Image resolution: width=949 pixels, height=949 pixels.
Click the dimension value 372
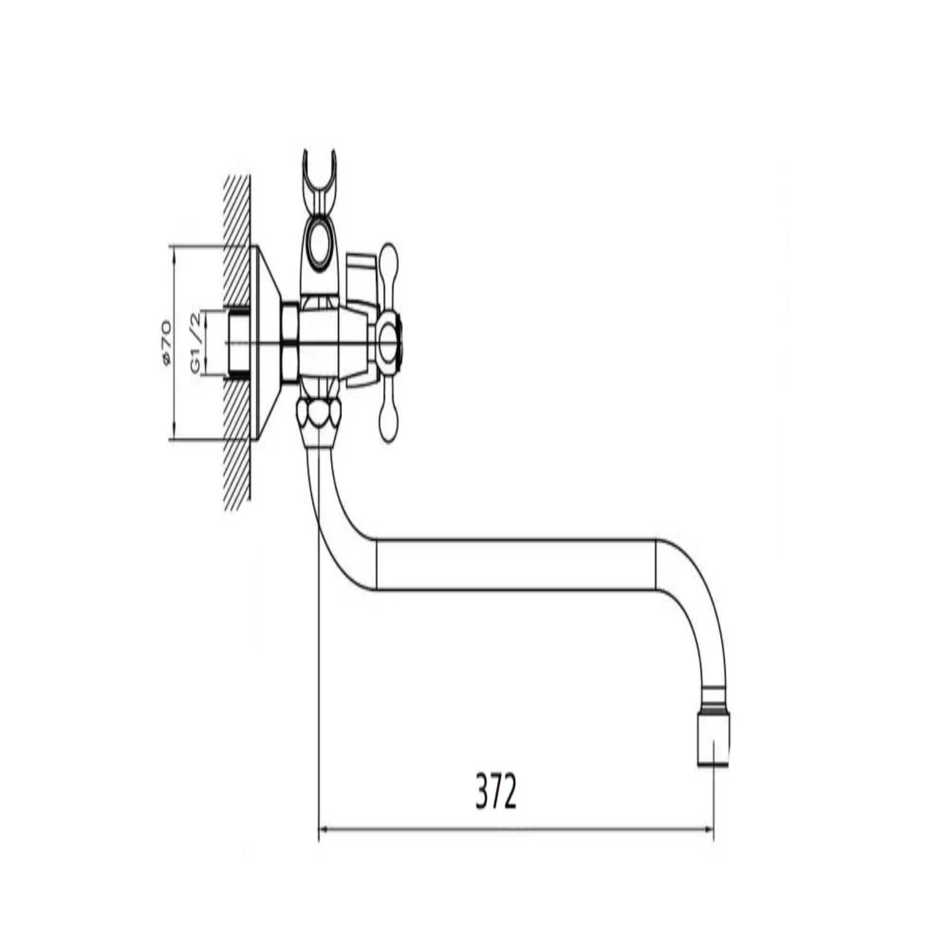point(496,792)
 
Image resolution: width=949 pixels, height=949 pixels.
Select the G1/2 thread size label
point(197,343)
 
